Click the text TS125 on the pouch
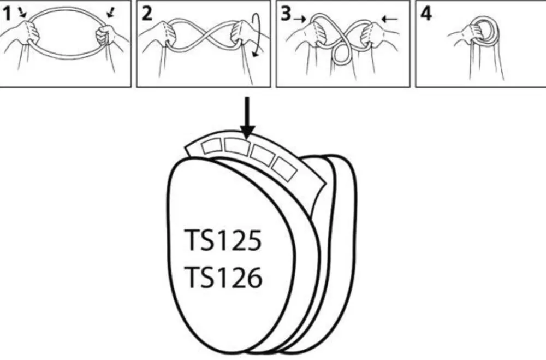[222, 240]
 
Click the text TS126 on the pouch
[223, 278]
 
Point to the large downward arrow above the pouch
[247, 117]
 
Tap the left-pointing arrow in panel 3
[389, 19]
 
